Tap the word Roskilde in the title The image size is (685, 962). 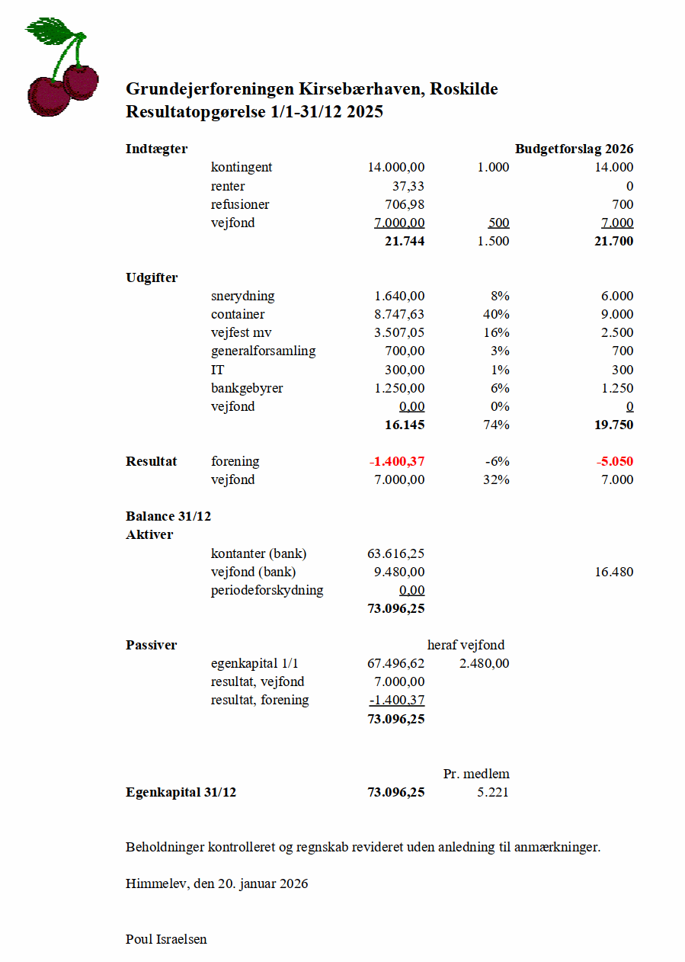[463, 89]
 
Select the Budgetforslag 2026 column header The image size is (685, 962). [574, 149]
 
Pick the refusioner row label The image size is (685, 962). [240, 204]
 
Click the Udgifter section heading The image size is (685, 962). [152, 277]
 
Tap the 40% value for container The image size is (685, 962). [497, 314]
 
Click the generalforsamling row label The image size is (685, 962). [263, 351]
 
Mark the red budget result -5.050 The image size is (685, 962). [615, 461]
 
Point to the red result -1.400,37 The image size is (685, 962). [396, 461]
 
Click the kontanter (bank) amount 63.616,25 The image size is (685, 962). [395, 553]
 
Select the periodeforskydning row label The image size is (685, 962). [267, 590]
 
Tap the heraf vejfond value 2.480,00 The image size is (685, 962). [485, 663]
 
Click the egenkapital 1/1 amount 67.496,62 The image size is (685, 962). [395, 663]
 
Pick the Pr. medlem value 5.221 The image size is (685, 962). [492, 792]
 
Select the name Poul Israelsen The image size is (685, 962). [166, 938]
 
